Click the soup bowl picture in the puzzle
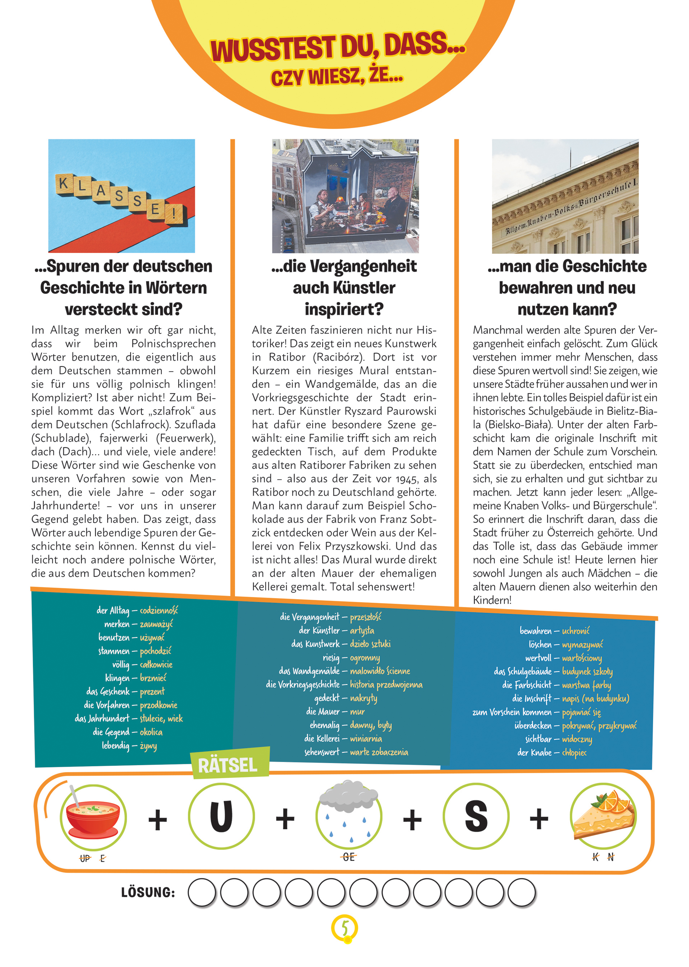coord(93,817)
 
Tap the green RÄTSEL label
coord(228,765)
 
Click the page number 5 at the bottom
coord(344,928)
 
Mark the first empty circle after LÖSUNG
coord(202,892)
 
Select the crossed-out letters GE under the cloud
coord(348,857)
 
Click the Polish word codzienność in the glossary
coord(159,610)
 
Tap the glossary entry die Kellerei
coord(322,738)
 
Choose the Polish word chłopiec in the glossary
coord(574,752)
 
